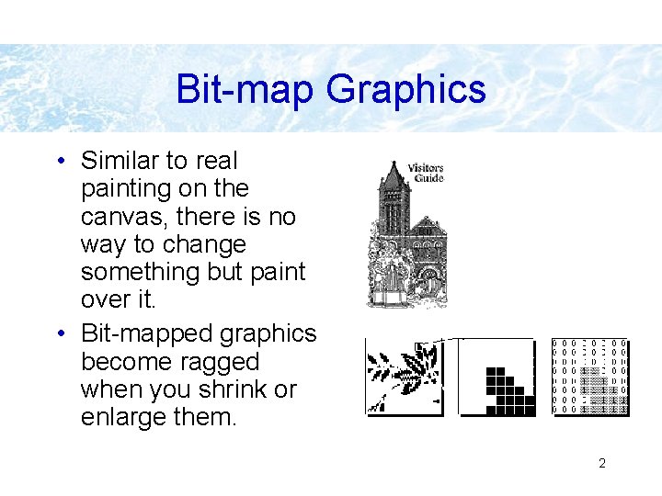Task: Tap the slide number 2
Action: coord(602,463)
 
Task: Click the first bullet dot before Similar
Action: coord(60,162)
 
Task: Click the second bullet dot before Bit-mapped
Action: coord(60,334)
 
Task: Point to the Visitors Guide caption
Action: coord(425,173)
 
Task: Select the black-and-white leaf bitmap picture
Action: coord(404,378)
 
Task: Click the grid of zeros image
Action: coord(589,377)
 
